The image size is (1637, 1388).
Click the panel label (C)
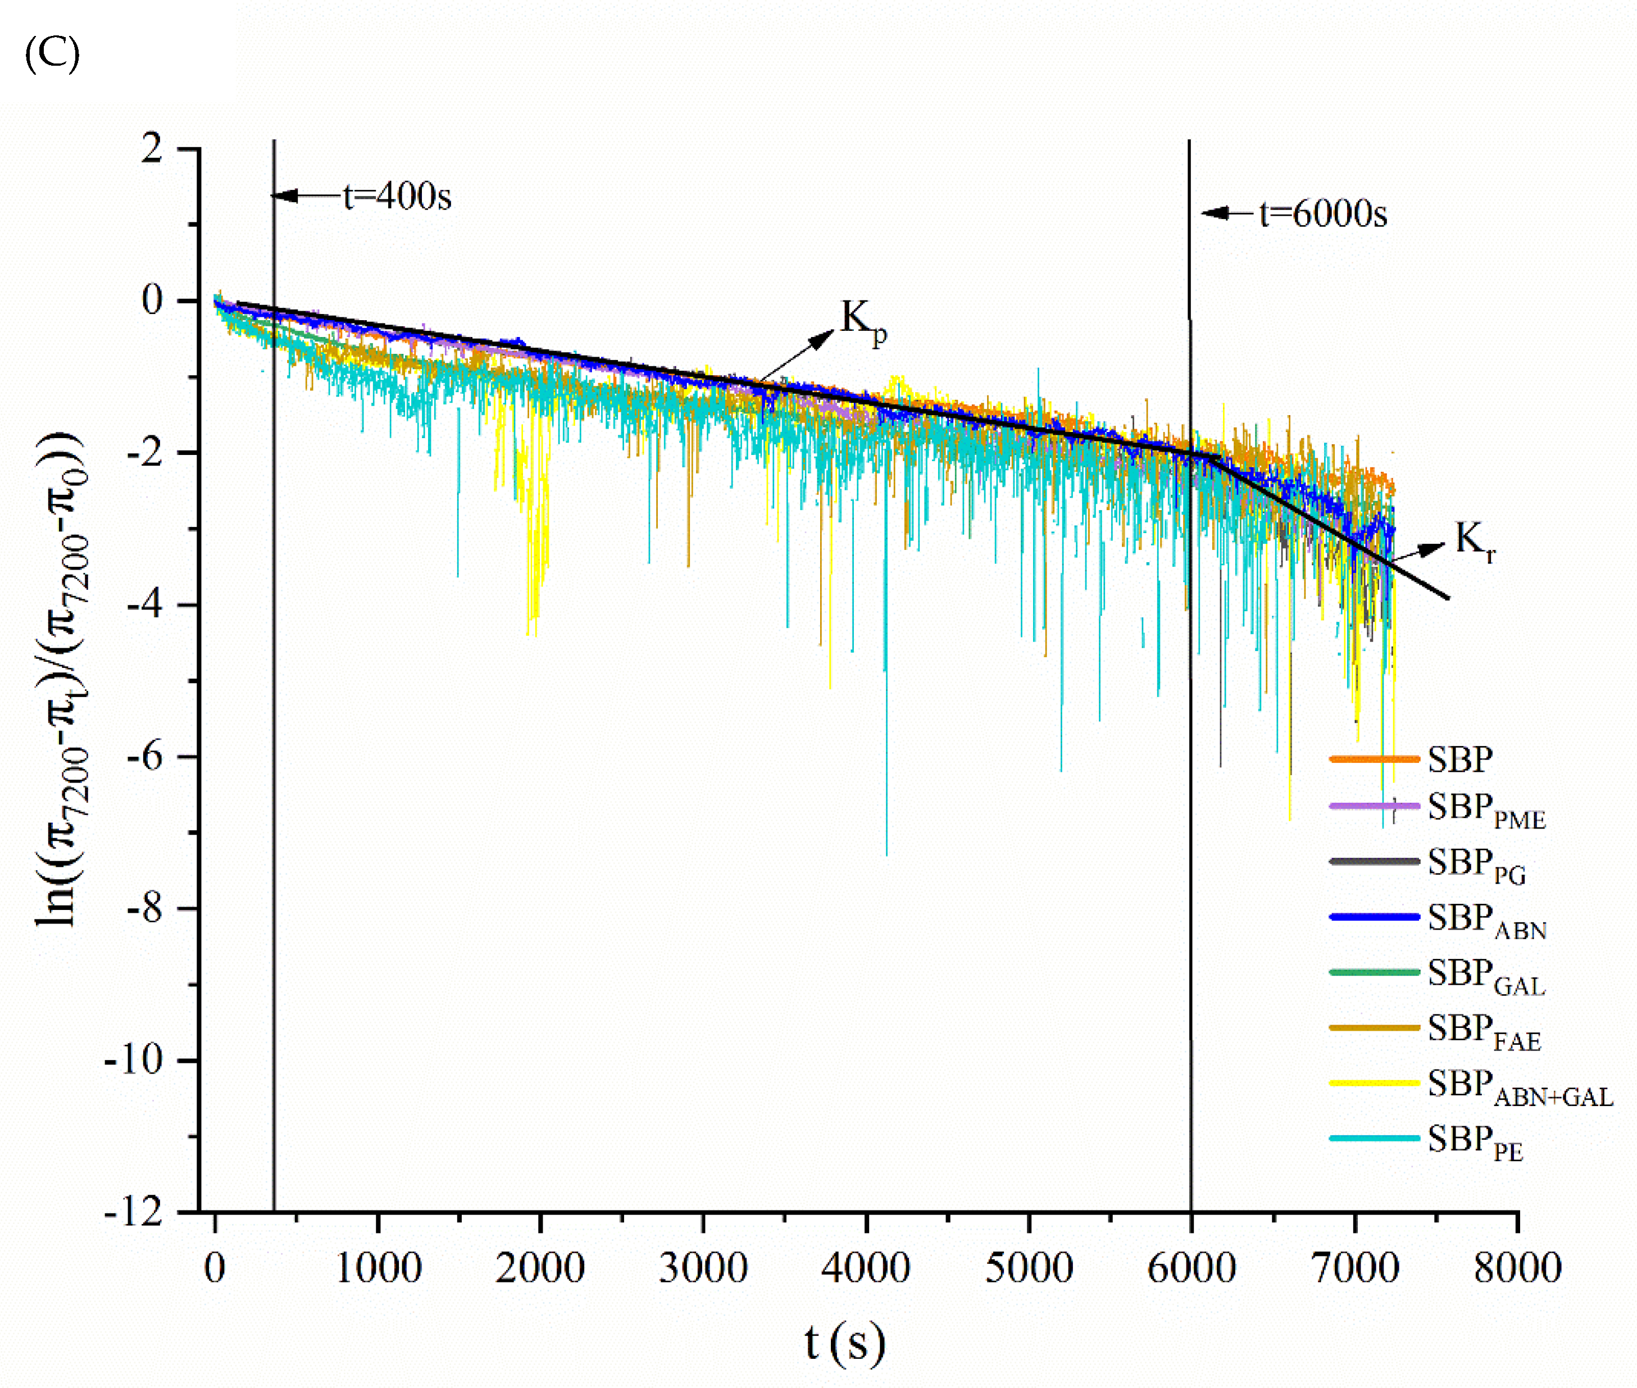52,55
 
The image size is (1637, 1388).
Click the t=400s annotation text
397,196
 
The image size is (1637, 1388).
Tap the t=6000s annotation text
1323,214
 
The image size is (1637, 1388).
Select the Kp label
862,320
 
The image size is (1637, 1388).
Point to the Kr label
1474,541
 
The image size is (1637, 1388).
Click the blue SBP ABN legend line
1374,917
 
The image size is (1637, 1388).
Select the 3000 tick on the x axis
703,1268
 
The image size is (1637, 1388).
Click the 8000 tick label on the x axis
1517,1268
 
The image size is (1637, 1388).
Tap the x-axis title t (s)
844,1343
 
